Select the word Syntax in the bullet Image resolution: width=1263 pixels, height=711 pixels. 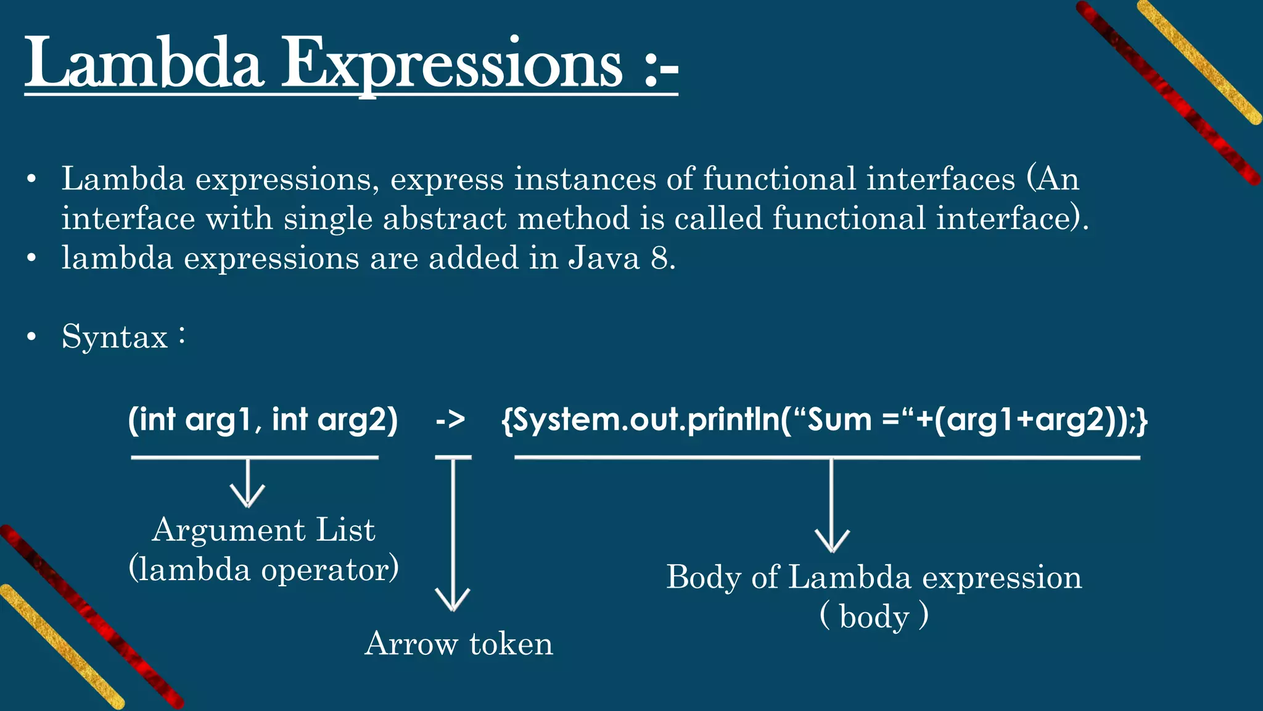[115, 337]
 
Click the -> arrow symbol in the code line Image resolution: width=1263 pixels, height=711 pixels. [450, 420]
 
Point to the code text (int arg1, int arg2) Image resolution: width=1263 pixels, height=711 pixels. [263, 420]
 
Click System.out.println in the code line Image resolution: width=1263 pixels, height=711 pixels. [641, 420]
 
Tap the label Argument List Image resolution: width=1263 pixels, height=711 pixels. [263, 530]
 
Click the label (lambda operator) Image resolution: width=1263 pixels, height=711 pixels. [263, 568]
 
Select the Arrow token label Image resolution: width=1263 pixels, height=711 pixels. [458, 644]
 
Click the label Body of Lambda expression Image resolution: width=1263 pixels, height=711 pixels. [874, 578]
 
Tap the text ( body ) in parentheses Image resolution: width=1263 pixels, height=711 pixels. [874, 616]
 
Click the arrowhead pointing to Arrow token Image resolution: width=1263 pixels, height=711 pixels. [453, 601]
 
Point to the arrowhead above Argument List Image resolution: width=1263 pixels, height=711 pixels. [247, 497]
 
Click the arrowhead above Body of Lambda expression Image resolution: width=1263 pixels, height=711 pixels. [832, 543]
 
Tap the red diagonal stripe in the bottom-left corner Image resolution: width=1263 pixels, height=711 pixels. [93, 617]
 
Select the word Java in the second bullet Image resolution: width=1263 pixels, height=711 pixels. [604, 258]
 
